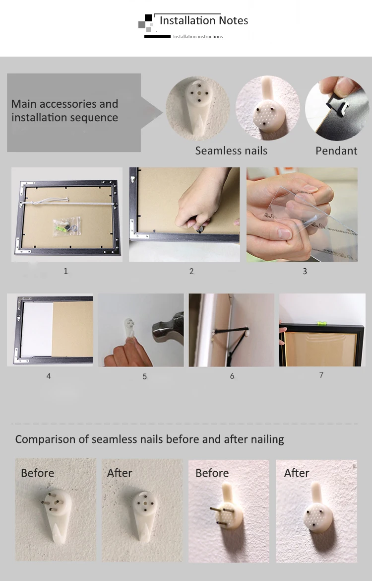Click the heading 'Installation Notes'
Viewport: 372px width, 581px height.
pyautogui.click(x=203, y=20)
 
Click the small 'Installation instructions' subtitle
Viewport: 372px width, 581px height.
pyautogui.click(x=198, y=36)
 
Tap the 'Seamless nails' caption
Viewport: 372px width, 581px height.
pyautogui.click(x=231, y=151)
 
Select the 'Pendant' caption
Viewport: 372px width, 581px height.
pyautogui.click(x=336, y=151)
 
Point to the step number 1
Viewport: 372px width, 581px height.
pyautogui.click(x=66, y=271)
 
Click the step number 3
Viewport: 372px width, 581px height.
pyautogui.click(x=305, y=271)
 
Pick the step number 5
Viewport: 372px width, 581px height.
pyautogui.click(x=144, y=376)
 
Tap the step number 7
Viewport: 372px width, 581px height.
pyautogui.click(x=321, y=375)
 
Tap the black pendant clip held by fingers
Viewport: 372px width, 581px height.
pyautogui.click(x=338, y=107)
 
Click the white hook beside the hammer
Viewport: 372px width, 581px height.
pyautogui.click(x=129, y=328)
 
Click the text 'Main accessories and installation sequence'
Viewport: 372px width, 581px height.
pyautogui.click(x=65, y=110)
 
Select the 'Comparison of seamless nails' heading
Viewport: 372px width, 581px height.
pyautogui.click(x=149, y=439)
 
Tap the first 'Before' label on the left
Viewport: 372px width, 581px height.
pyautogui.click(x=37, y=473)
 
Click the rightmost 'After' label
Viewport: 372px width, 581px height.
pyautogui.click(x=297, y=473)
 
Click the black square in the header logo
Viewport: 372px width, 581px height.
pyautogui.click(x=148, y=18)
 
